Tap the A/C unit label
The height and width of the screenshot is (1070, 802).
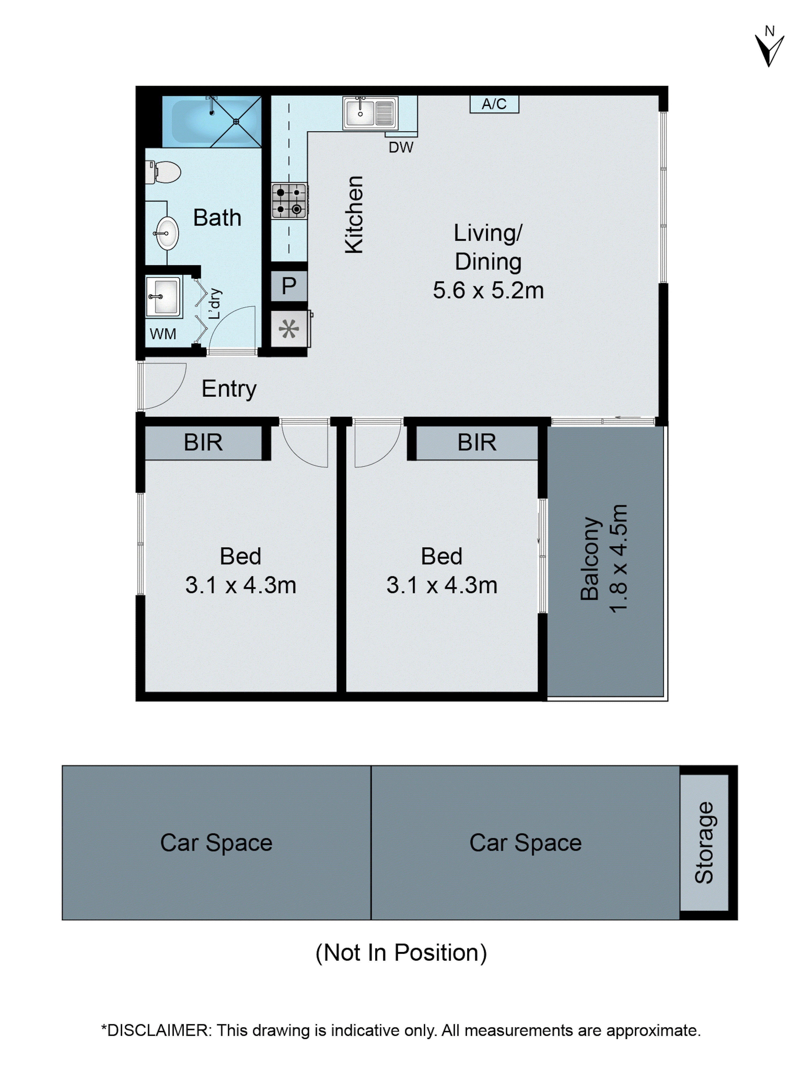tap(494, 104)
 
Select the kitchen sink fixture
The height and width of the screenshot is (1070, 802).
tap(370, 113)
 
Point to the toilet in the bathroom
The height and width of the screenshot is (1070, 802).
tap(164, 172)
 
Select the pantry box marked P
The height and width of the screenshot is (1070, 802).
tap(289, 286)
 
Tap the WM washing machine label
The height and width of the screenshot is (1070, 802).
tap(163, 334)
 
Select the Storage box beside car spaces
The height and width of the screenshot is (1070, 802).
tap(704, 843)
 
